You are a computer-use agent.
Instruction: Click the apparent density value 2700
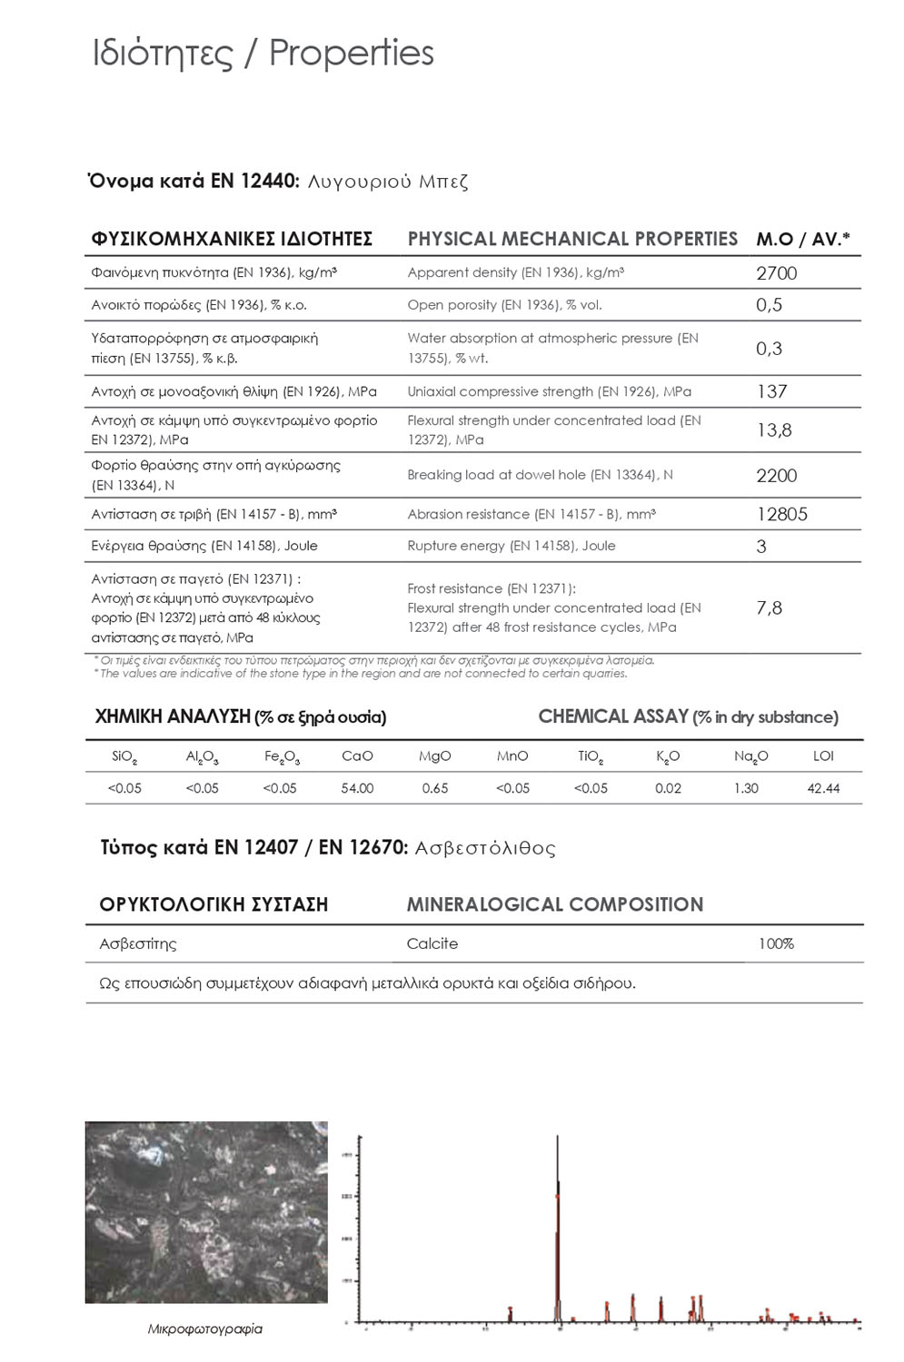(776, 273)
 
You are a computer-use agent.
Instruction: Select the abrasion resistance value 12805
(781, 514)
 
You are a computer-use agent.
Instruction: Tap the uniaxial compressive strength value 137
(771, 391)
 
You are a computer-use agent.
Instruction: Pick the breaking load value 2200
(776, 476)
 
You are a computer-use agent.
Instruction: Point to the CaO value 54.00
(357, 788)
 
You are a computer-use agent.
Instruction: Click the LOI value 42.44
(823, 788)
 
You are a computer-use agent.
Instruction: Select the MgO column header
(435, 756)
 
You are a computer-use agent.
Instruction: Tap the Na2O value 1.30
(746, 788)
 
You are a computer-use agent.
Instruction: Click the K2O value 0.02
(668, 788)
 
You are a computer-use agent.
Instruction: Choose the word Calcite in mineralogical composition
(432, 943)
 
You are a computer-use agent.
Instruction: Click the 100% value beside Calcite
(776, 943)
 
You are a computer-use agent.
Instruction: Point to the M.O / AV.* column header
(803, 240)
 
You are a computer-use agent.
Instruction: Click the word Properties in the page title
(352, 53)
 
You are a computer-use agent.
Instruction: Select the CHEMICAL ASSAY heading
(613, 716)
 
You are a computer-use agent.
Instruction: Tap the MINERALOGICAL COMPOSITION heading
(554, 904)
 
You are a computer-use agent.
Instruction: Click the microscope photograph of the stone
(206, 1212)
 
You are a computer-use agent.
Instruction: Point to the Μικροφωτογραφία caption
(205, 1328)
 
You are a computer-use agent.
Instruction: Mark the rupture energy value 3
(761, 547)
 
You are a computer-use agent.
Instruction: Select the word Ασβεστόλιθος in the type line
(485, 848)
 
